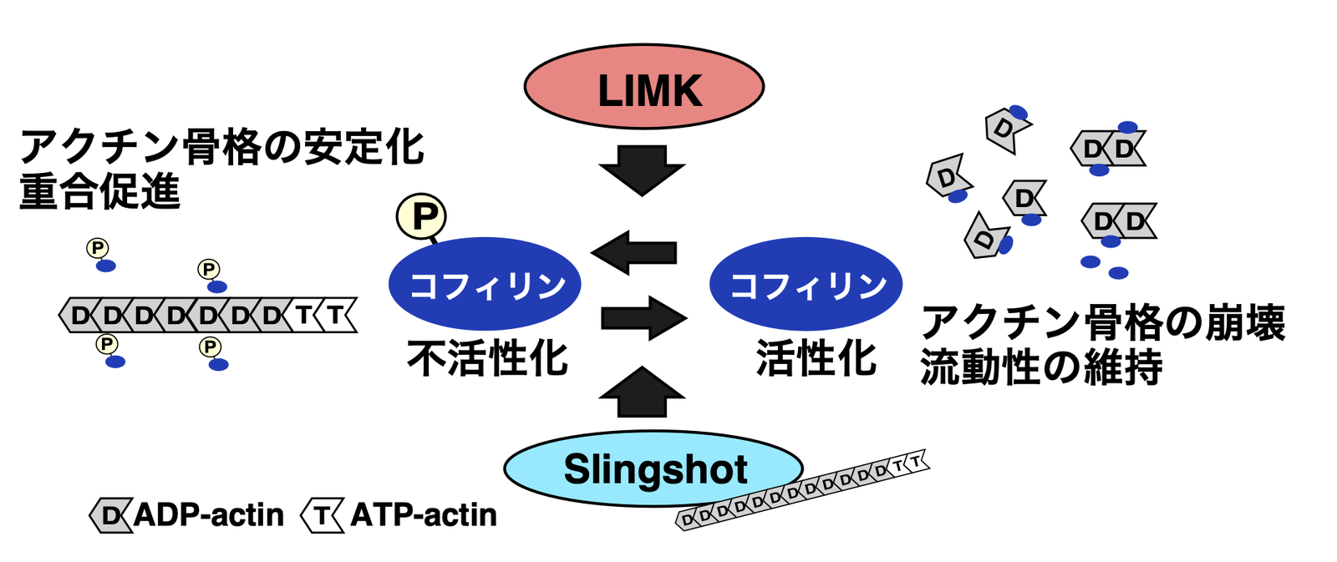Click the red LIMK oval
click(643, 87)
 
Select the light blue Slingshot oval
click(653, 468)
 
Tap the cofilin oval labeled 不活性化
click(485, 284)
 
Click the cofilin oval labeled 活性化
click(806, 284)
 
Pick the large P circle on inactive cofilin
click(421, 216)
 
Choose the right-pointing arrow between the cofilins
click(643, 318)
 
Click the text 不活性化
click(487, 359)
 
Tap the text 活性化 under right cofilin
click(816, 359)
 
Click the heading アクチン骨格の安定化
click(221, 148)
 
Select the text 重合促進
click(99, 191)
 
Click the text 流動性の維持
click(1041, 367)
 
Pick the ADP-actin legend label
click(209, 515)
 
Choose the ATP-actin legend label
click(424, 515)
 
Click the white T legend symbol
click(322, 515)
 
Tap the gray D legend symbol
click(110, 515)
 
